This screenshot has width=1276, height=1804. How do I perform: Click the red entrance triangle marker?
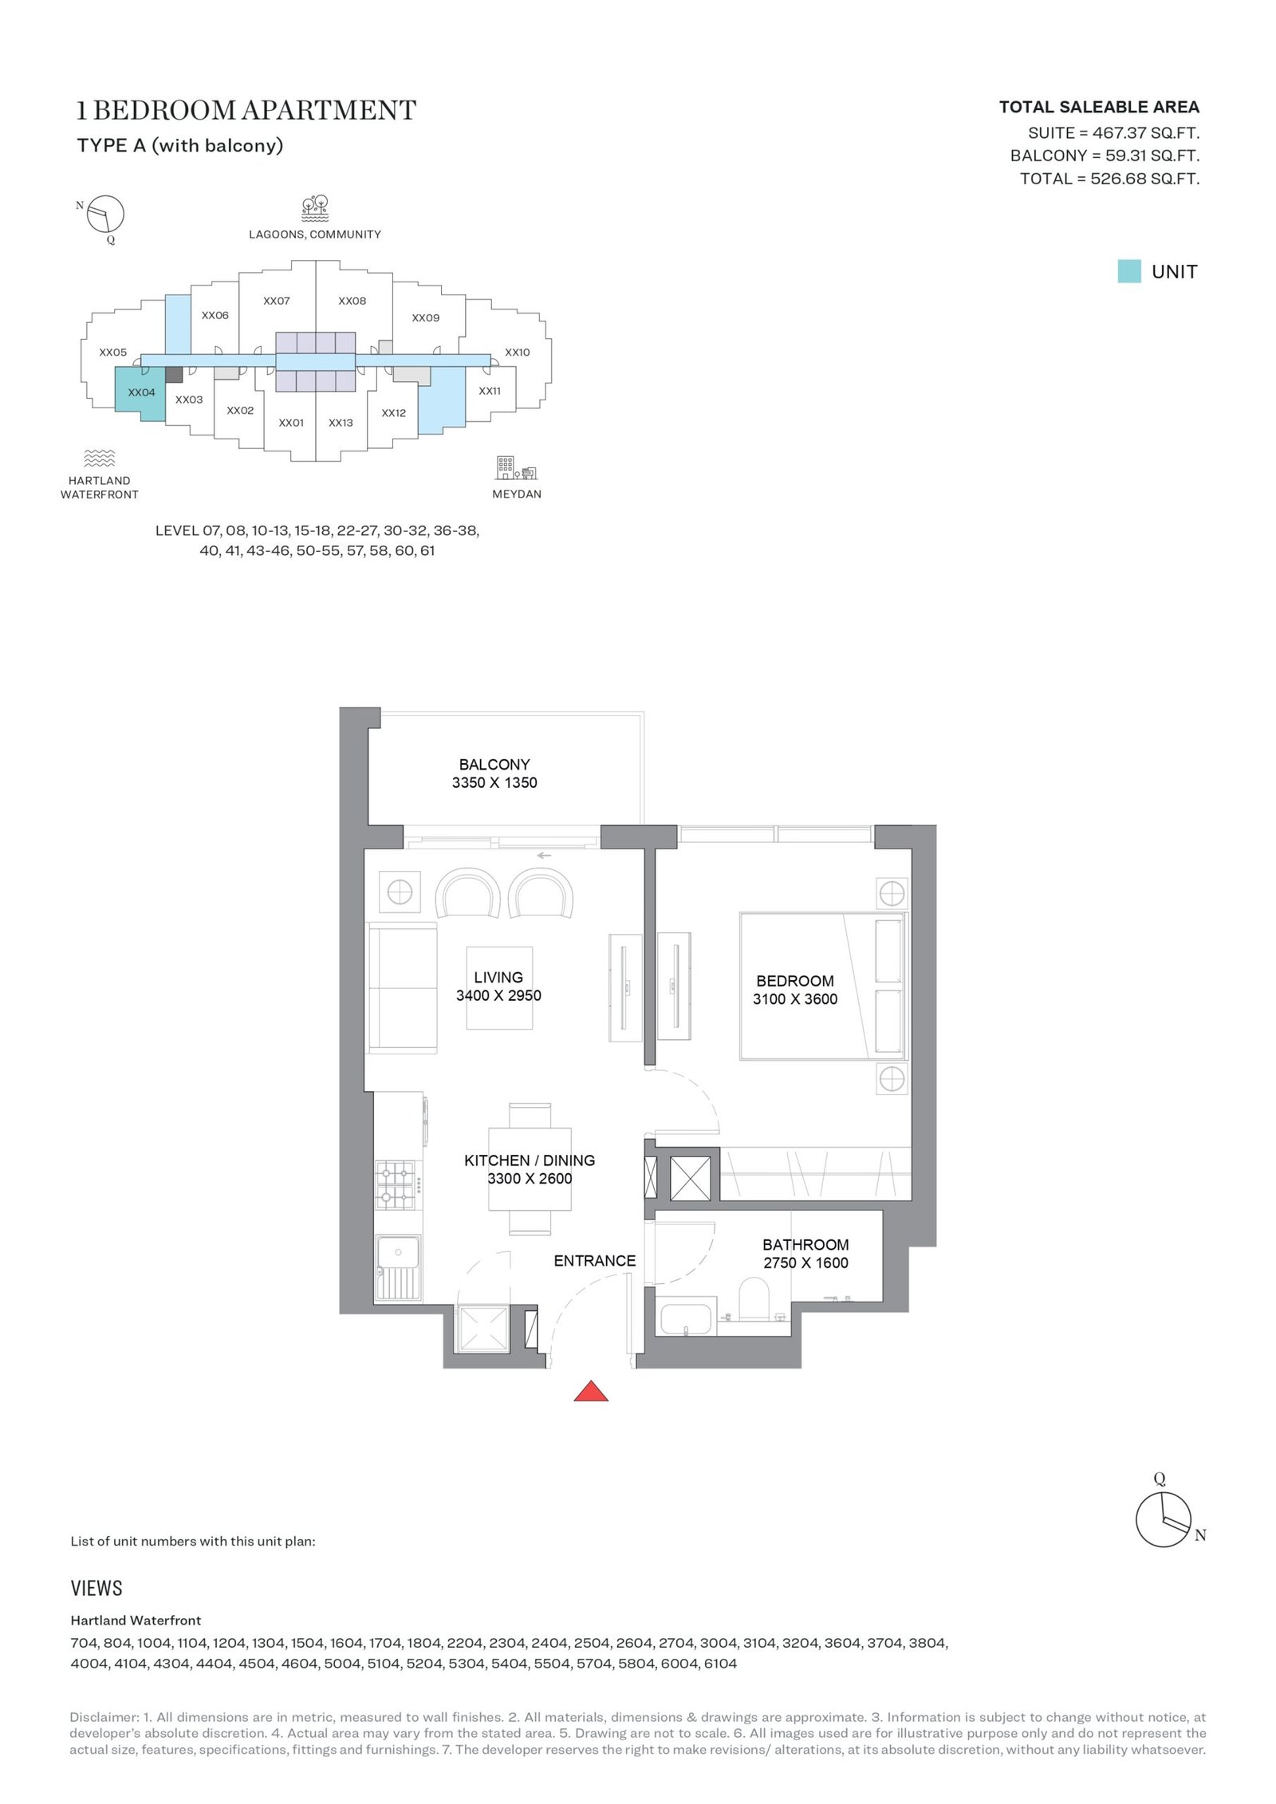click(x=591, y=1390)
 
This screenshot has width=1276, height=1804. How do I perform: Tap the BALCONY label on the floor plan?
click(x=494, y=764)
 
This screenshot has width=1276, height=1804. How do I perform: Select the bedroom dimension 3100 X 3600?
click(x=795, y=999)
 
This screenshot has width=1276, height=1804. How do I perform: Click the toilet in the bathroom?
click(x=754, y=1299)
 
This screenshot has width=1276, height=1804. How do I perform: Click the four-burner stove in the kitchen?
click(x=396, y=1185)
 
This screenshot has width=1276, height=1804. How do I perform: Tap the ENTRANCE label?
click(x=595, y=1261)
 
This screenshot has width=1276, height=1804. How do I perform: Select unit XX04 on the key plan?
click(x=141, y=392)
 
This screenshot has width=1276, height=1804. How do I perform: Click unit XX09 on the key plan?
click(x=426, y=317)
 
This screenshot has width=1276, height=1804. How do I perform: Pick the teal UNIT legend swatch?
click(x=1129, y=271)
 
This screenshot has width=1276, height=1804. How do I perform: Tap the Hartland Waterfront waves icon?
click(x=100, y=458)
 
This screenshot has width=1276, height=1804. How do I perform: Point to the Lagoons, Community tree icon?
click(x=315, y=208)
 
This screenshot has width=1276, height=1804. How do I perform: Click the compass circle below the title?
click(x=105, y=215)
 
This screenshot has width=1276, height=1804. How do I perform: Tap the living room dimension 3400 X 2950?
click(x=498, y=995)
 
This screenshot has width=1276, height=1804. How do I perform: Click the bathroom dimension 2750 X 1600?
click(x=805, y=1262)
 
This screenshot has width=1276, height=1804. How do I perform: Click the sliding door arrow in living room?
click(x=544, y=856)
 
